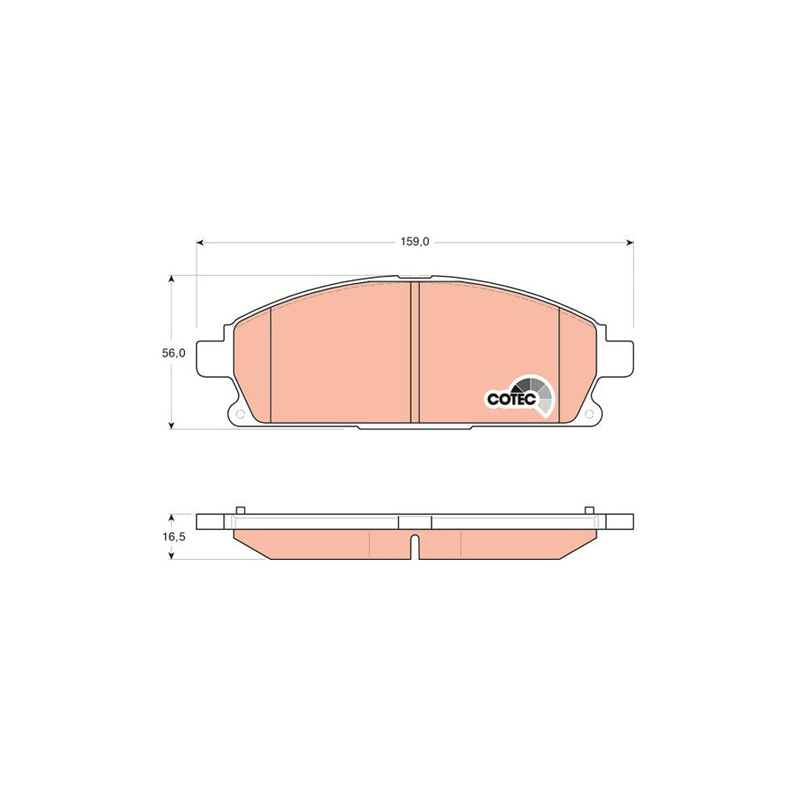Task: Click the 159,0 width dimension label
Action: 414,242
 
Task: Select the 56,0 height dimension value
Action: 173,353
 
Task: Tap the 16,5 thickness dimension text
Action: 173,537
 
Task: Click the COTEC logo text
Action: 511,399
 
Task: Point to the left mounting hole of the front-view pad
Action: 241,414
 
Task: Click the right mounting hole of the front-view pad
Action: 589,414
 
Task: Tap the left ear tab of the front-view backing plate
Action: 210,359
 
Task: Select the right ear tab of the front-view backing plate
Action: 619,359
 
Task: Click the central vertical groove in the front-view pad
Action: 415,352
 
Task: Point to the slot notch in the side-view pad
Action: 415,547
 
